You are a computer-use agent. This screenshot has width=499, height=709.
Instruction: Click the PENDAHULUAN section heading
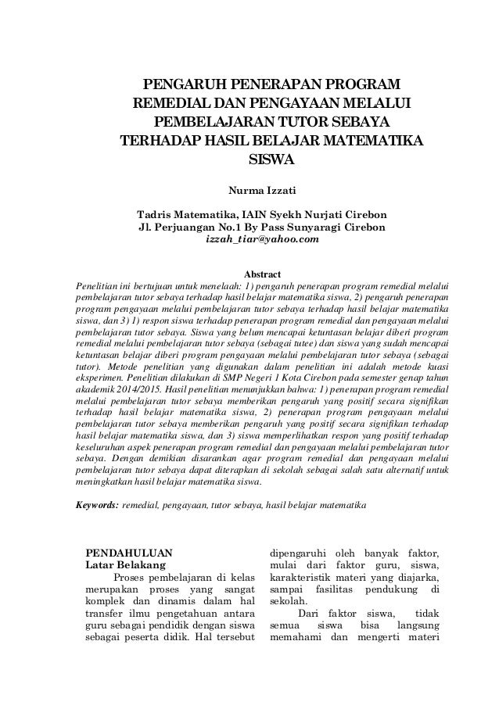130,550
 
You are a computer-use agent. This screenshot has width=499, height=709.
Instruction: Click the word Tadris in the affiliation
156,213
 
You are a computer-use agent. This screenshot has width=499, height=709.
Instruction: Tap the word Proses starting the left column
135,578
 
